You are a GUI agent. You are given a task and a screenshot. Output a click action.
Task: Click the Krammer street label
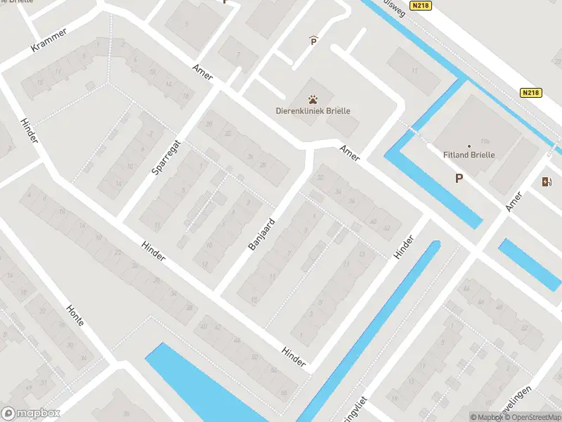click(49, 40)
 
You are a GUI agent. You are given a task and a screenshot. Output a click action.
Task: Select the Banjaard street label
click(261, 235)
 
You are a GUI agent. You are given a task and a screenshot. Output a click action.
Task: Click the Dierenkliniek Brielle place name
click(313, 110)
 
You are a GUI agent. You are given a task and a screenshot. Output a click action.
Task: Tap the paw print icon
click(311, 100)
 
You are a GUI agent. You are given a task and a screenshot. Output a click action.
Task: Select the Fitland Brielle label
click(470, 155)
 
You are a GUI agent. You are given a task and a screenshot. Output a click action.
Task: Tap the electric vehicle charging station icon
click(547, 182)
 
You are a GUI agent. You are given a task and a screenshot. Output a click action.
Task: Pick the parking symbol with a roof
click(313, 41)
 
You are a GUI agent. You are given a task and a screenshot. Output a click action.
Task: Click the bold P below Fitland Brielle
click(459, 179)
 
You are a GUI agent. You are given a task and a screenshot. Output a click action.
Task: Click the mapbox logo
click(32, 414)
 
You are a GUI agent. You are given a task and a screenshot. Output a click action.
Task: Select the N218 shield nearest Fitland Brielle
click(532, 93)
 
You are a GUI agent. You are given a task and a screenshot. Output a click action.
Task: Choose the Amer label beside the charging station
click(515, 200)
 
